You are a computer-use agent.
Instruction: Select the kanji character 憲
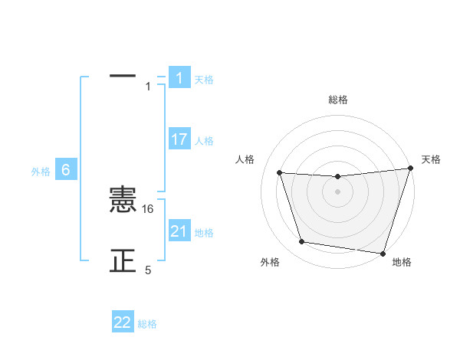pos(123,201)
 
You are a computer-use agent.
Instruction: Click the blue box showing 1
pos(179,78)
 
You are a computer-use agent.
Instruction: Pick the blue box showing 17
pos(179,139)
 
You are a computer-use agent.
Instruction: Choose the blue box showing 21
pos(179,231)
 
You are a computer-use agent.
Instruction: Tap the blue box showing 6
pos(66,170)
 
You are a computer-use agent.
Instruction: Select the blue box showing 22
pos(123,322)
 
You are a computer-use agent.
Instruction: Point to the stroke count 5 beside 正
pos(149,270)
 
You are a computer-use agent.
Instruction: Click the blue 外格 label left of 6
pos(41,172)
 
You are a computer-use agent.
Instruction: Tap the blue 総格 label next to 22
pos(147,324)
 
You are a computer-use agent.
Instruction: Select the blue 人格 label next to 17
pos(204,141)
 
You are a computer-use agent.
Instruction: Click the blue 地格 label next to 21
pos(204,233)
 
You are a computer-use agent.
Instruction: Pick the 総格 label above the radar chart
pos(338,100)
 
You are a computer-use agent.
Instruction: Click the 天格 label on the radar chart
pos(432,159)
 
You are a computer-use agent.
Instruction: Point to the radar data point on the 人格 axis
pos(280,173)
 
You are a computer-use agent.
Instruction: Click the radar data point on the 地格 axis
pos(383,253)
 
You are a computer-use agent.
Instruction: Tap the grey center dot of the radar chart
pos(338,191)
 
